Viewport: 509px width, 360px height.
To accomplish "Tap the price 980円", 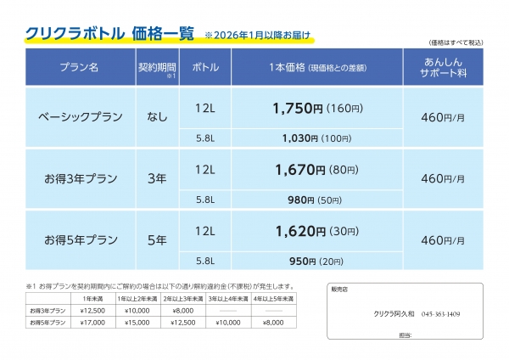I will [x=301, y=200].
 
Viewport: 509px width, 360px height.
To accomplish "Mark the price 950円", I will [x=301, y=261].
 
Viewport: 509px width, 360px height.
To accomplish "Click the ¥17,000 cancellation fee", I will [x=91, y=322].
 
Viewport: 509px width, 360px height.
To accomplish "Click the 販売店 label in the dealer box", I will [x=340, y=290].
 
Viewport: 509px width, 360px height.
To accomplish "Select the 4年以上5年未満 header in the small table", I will [x=272, y=300].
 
